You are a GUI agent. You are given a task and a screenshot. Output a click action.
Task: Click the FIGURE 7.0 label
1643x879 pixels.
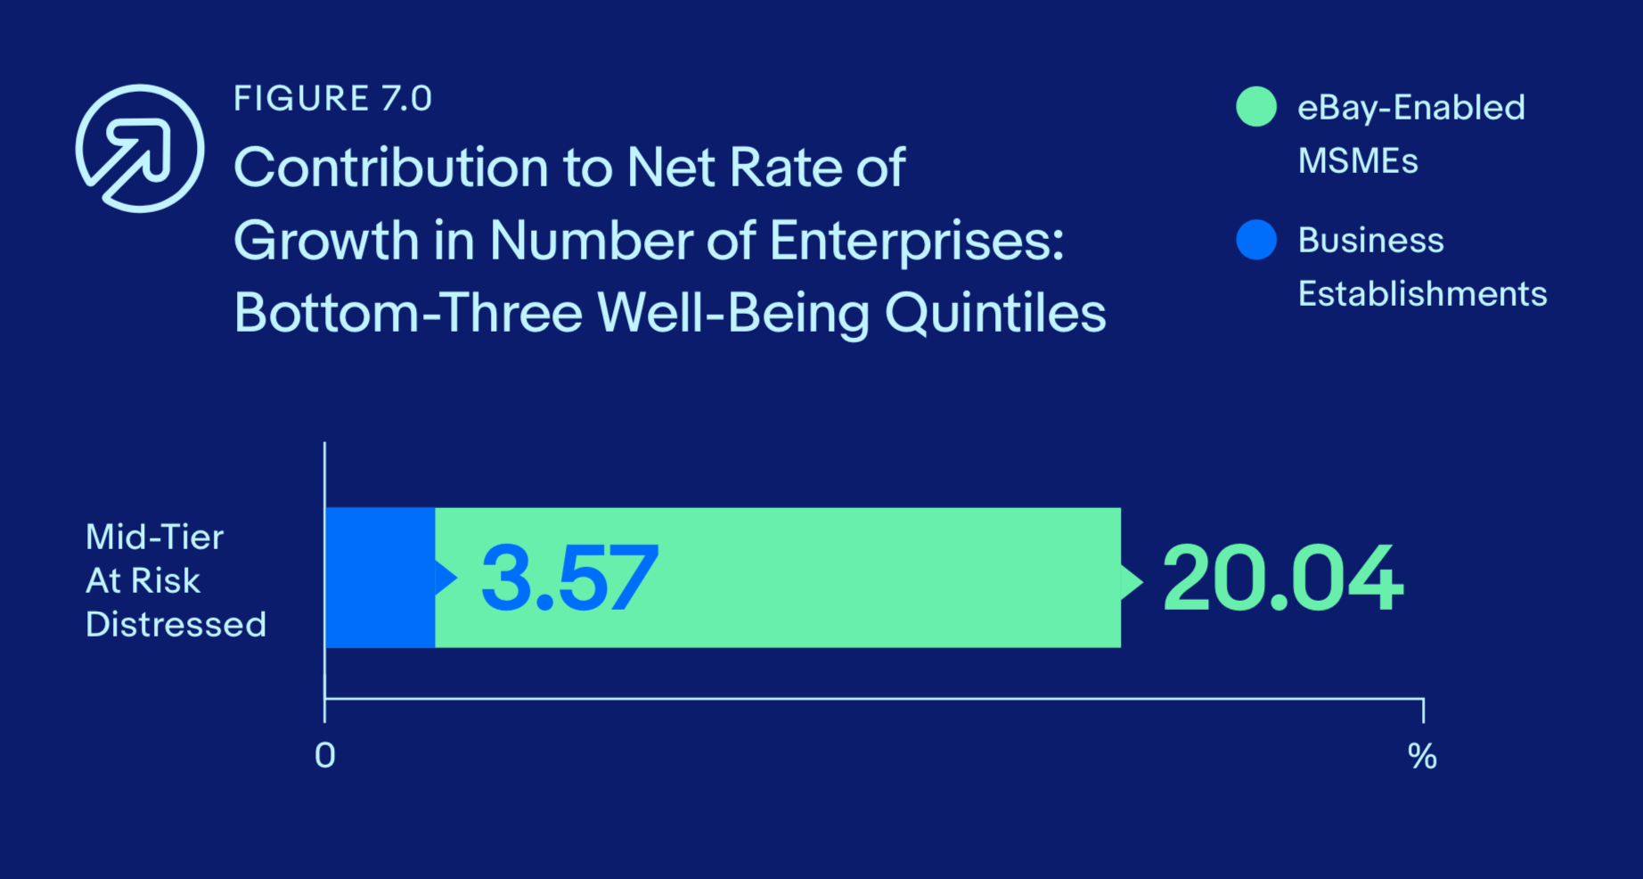click(x=333, y=98)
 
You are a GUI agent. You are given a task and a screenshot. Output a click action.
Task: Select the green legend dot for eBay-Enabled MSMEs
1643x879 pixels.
click(x=1256, y=107)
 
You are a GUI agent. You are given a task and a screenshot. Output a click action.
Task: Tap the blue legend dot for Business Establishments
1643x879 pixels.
click(x=1256, y=240)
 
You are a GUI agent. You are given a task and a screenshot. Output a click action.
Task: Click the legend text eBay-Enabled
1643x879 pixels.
click(x=1411, y=108)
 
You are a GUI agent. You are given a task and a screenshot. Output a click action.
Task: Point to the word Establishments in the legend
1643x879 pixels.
click(x=1422, y=293)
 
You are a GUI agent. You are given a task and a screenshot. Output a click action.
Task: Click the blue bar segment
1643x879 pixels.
click(x=380, y=578)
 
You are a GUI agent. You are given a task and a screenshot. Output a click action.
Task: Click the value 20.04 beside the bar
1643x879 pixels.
click(x=1283, y=579)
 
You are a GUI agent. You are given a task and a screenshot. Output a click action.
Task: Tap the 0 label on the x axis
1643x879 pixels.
click(x=325, y=756)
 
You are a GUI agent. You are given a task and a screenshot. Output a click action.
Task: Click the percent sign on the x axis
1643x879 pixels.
click(x=1422, y=757)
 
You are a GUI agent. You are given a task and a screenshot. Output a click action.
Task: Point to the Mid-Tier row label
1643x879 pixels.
click(x=154, y=538)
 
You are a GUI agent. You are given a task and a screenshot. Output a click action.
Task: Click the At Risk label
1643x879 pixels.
click(x=143, y=581)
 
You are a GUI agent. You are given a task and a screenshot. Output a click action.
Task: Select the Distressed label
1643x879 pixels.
click(x=176, y=624)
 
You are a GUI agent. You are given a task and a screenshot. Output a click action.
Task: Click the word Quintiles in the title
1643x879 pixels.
click(x=995, y=314)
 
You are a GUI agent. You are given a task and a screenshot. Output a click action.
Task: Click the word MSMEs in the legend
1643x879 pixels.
click(x=1358, y=161)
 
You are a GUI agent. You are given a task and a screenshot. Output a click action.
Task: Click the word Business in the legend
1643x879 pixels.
click(x=1370, y=241)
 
